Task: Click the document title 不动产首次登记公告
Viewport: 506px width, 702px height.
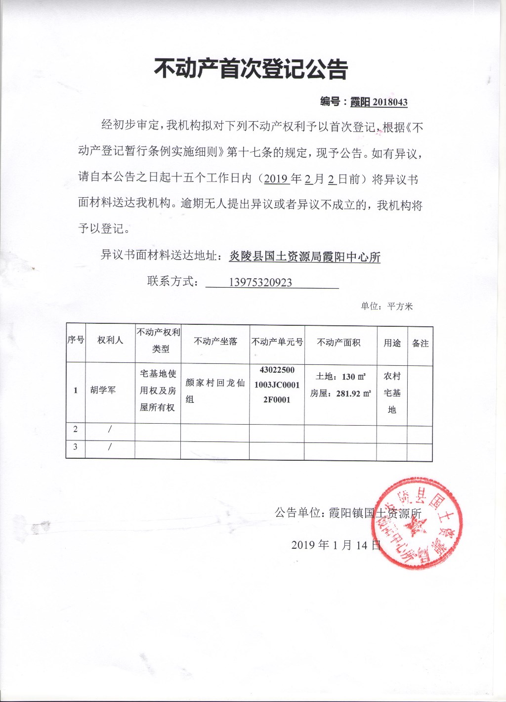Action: [x=251, y=69]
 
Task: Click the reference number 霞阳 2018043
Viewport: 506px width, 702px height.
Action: [x=379, y=102]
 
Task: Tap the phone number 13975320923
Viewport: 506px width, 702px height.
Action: [x=260, y=282]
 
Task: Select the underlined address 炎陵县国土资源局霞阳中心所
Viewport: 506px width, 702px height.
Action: [x=304, y=257]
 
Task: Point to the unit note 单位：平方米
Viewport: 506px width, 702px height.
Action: [x=386, y=307]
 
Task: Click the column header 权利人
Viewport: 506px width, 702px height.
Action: [x=110, y=340]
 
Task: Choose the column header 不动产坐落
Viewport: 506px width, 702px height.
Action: [x=215, y=341]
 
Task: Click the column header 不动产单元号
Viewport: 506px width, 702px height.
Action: [x=277, y=342]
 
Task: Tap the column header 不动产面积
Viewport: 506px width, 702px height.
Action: [x=338, y=342]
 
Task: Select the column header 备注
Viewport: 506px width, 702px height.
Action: [x=420, y=343]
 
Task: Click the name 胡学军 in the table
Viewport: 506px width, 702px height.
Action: [x=103, y=390]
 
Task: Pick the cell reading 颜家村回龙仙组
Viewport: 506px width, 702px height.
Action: [x=215, y=391]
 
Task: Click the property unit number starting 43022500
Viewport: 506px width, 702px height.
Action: [x=277, y=385]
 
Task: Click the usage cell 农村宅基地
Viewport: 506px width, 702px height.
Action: [x=392, y=393]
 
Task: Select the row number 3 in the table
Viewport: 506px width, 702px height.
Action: [x=76, y=446]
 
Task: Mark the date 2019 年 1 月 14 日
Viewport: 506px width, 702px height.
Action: [x=336, y=545]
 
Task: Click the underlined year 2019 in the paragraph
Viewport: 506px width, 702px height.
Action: [x=276, y=178]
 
